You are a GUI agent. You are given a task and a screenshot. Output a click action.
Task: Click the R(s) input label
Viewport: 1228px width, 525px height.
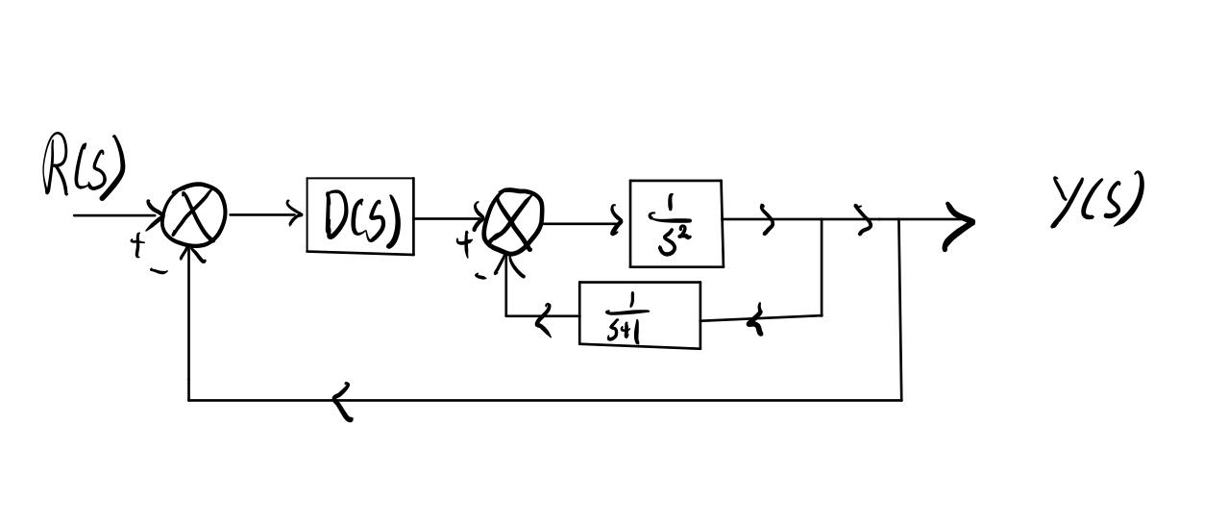[85, 167]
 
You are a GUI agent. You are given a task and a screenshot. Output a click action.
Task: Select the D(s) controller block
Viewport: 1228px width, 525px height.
[360, 216]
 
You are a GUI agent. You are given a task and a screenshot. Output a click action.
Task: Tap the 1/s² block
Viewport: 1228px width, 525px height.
[675, 223]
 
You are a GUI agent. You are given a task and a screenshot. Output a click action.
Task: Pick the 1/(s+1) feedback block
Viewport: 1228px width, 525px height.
[639, 314]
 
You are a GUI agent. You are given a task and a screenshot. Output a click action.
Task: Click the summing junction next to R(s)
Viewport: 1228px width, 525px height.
[195, 216]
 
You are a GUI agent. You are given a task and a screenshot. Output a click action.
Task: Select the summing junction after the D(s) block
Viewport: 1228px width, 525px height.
[514, 219]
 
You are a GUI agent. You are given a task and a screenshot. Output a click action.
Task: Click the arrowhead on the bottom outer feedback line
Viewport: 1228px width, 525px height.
[343, 400]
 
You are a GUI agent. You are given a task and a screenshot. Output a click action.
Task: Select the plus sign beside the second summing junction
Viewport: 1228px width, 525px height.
[466, 243]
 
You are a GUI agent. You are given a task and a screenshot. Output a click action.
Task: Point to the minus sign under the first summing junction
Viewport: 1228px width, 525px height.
[158, 271]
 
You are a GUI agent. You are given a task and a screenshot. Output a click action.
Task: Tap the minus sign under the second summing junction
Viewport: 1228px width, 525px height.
[480, 276]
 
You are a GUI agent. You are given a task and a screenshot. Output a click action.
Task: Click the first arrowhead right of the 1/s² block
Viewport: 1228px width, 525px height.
[768, 221]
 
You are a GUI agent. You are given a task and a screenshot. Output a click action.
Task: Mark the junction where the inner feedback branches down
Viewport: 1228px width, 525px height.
[822, 220]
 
